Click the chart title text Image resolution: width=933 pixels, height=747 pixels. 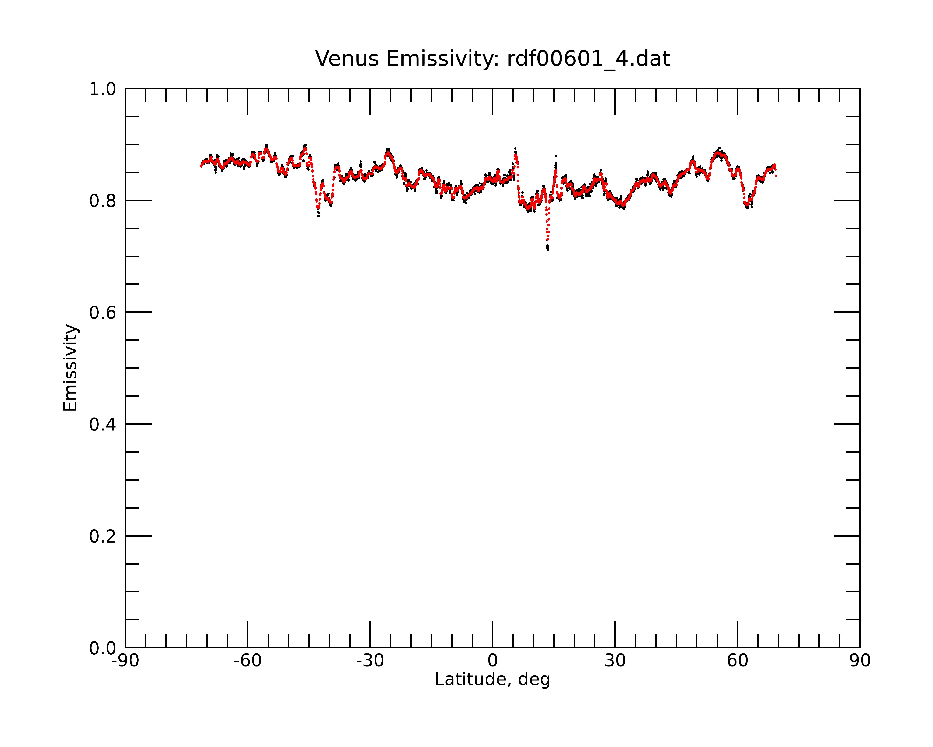tap(492, 59)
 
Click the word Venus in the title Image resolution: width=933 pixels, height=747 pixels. tap(347, 59)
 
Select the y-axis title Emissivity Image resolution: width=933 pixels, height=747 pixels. tap(70, 368)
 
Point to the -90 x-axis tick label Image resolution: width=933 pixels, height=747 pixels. tap(125, 661)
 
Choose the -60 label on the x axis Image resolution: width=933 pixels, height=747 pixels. tap(247, 661)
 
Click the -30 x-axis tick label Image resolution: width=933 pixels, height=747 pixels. tap(370, 661)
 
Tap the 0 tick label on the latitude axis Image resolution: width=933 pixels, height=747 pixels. tap(492, 661)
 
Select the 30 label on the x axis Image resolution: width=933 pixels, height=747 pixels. tap(615, 661)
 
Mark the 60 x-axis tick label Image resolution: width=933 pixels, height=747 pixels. tap(737, 661)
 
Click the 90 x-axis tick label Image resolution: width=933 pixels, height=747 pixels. tap(860, 661)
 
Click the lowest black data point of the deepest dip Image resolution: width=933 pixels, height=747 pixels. tap(548, 250)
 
